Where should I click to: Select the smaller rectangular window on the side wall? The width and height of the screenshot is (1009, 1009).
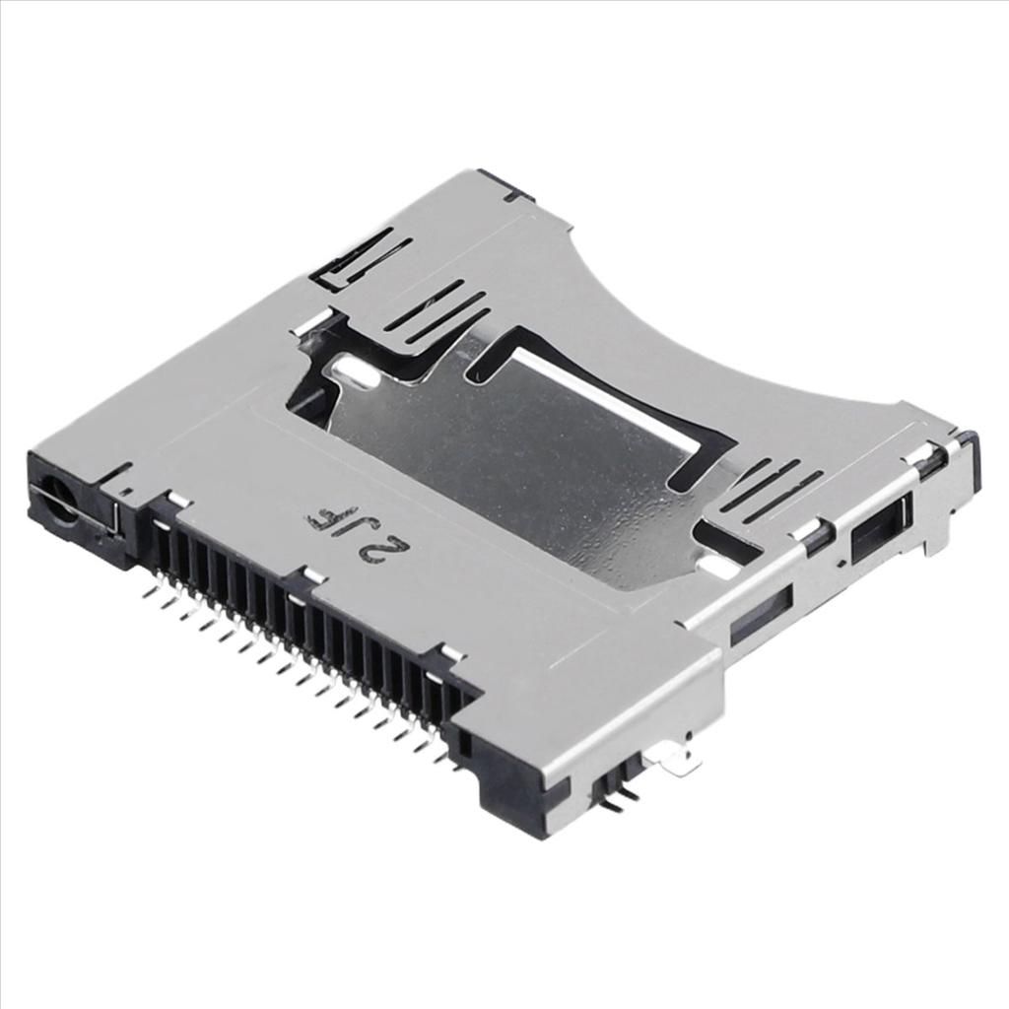pyautogui.click(x=761, y=615)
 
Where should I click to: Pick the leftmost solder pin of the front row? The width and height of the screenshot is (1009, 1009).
pyautogui.click(x=150, y=591)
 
